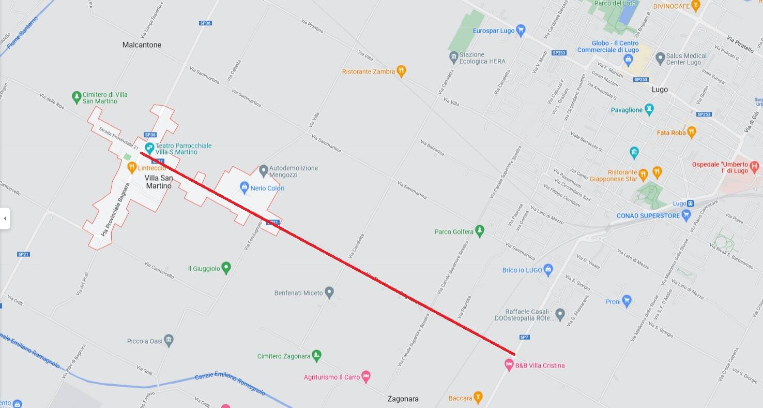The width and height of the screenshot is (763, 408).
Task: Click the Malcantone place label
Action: [x=142, y=45]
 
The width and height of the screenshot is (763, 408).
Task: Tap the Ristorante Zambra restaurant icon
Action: [x=401, y=71]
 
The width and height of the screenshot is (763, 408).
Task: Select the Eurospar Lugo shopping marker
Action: [x=521, y=31]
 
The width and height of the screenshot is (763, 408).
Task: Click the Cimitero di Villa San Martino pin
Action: [x=77, y=96]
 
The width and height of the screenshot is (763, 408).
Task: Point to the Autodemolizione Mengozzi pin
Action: [x=263, y=170]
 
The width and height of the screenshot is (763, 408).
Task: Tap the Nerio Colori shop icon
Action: [x=245, y=187]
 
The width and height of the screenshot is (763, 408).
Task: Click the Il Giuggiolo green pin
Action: [x=225, y=268]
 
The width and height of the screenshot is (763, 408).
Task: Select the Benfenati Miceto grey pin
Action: [x=329, y=293]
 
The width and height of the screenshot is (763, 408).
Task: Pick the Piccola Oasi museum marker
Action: [x=169, y=341]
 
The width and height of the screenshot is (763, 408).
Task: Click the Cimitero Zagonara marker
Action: [x=317, y=356]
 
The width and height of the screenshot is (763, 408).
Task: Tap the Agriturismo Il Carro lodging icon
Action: [x=366, y=376]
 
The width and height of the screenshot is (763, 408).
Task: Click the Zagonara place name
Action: [x=403, y=399]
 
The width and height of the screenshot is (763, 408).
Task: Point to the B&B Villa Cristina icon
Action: [x=509, y=365]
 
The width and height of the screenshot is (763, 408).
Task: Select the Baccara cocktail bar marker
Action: [x=478, y=398]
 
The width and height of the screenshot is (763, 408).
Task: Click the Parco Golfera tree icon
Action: [x=480, y=231]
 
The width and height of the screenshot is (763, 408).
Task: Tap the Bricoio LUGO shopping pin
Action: [x=548, y=269]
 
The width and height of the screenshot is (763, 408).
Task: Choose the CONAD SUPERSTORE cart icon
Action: [x=686, y=215]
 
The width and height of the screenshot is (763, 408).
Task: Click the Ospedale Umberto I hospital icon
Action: [x=754, y=167]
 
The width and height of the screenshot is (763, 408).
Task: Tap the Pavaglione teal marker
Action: [x=649, y=109]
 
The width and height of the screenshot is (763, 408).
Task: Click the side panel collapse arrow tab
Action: [x=5, y=218]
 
